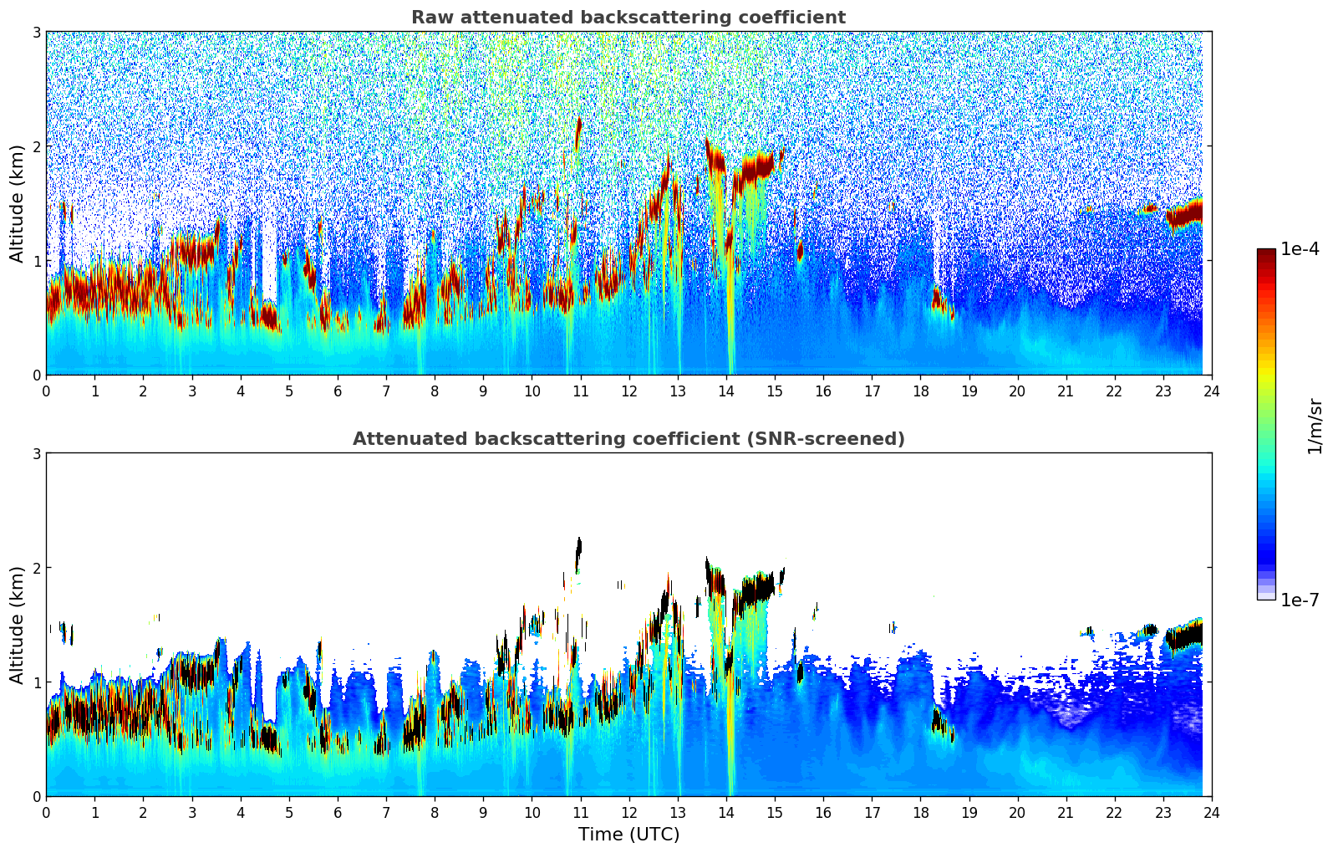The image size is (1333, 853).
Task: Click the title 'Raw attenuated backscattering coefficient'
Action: click(x=628, y=18)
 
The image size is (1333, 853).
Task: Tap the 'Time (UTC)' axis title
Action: click(x=628, y=835)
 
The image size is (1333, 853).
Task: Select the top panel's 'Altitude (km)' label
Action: click(x=17, y=203)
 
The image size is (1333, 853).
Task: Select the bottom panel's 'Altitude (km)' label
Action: click(x=17, y=625)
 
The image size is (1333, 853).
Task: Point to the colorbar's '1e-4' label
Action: click(x=1300, y=249)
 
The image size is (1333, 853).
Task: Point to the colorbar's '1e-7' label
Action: click(x=1300, y=600)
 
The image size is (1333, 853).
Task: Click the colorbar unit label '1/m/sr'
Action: click(x=1315, y=426)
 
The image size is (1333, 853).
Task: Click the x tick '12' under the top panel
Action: click(x=628, y=391)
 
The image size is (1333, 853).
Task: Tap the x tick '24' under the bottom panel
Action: click(x=1211, y=813)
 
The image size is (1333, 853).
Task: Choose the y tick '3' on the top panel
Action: click(x=36, y=32)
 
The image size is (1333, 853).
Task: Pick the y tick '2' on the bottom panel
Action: click(x=36, y=568)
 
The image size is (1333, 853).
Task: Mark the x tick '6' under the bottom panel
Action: click(x=338, y=813)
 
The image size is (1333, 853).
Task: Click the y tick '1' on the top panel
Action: click(x=36, y=261)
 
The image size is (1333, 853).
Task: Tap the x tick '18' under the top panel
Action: click(x=920, y=391)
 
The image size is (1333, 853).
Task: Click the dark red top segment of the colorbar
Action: click(x=1265, y=254)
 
